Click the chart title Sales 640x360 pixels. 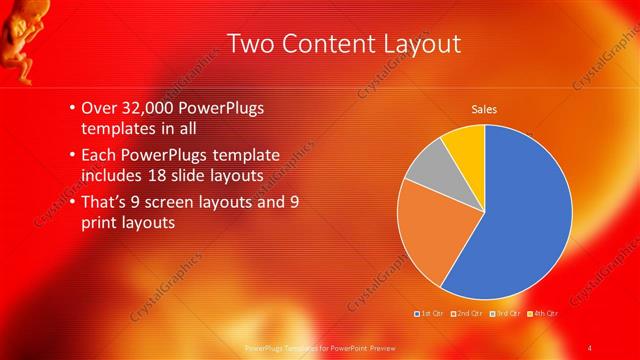pyautogui.click(x=484, y=109)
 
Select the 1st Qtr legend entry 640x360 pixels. pyautogui.click(x=429, y=313)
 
